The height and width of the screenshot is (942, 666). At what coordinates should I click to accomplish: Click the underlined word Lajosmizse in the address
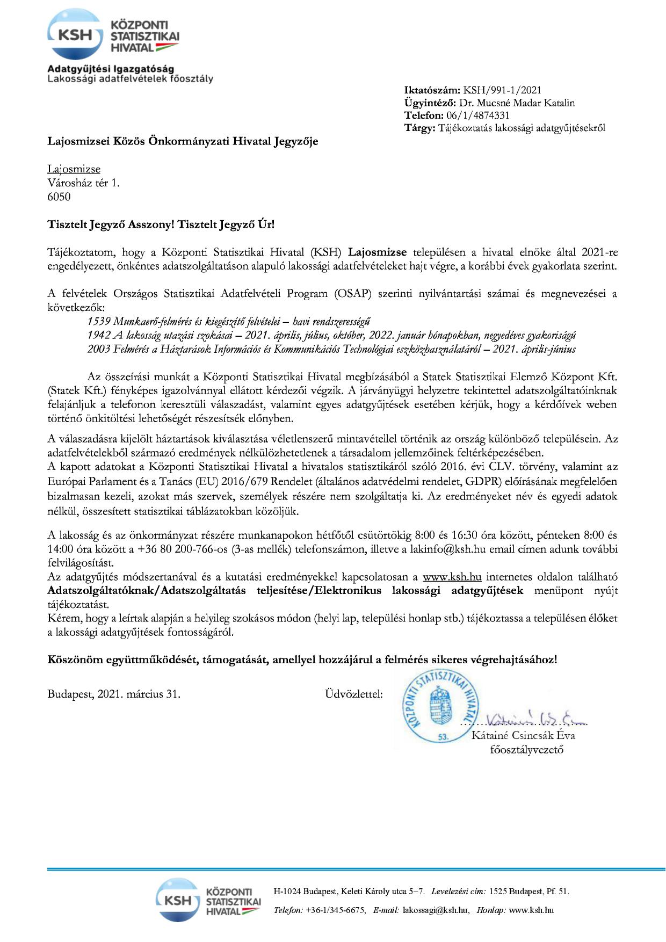(74, 169)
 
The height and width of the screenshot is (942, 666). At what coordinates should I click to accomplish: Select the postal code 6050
(59, 197)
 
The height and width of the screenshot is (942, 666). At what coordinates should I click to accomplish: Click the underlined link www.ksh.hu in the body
(452, 577)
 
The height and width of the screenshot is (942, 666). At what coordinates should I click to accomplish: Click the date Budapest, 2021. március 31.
(114, 694)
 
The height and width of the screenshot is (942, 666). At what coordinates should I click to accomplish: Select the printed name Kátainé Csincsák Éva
(523, 735)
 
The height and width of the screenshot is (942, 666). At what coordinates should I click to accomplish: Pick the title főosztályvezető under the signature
(526, 749)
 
